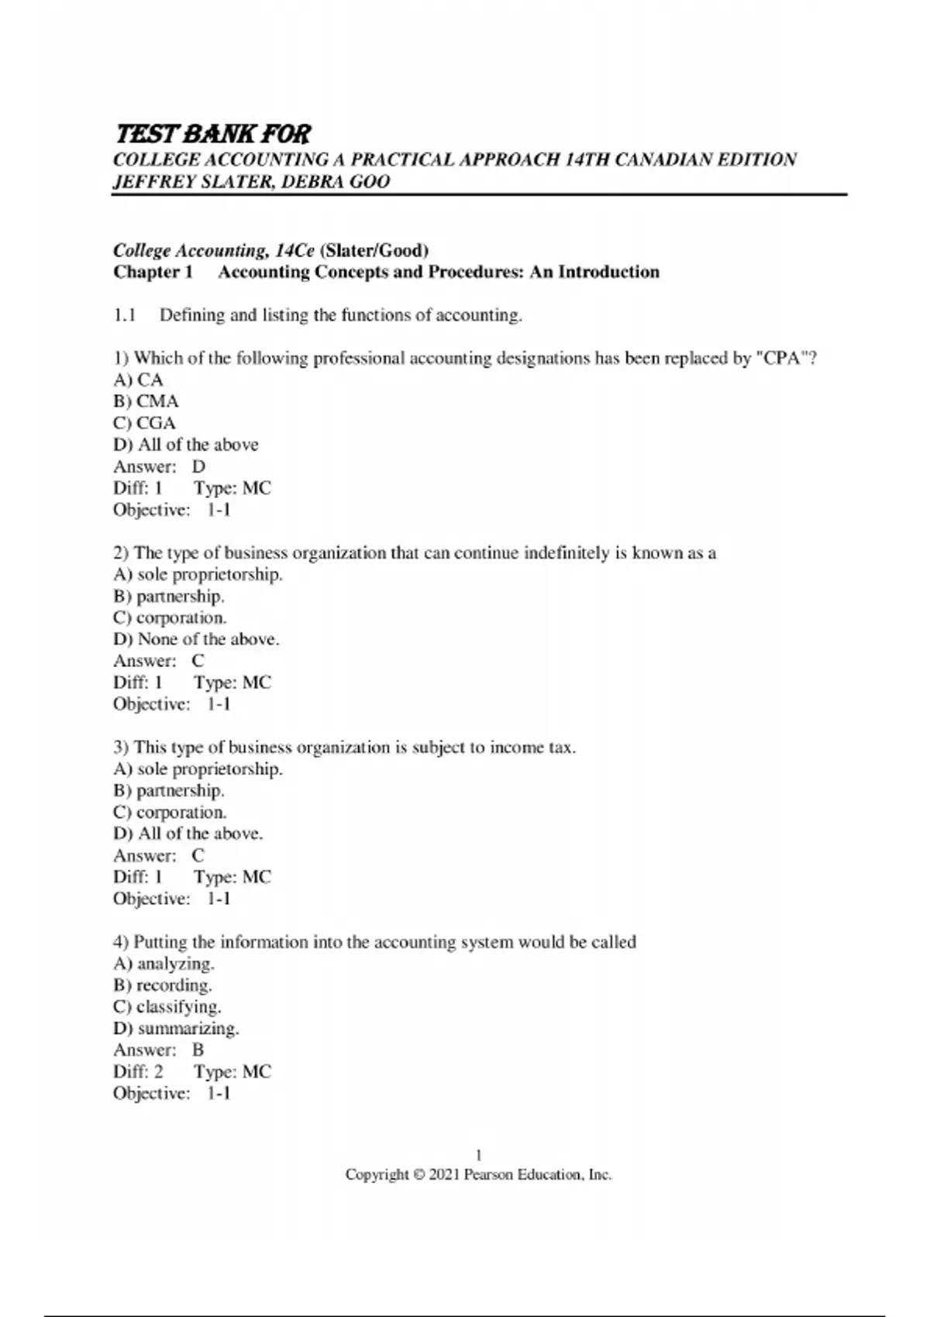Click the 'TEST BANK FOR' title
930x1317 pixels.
(x=212, y=134)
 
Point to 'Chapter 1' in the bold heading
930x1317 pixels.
(x=153, y=272)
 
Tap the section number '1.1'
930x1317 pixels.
(x=125, y=315)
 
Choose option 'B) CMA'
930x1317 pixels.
(x=146, y=401)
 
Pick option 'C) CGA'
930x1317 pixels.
(x=144, y=423)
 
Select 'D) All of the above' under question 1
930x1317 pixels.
(x=186, y=445)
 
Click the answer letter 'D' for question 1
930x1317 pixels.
(x=198, y=466)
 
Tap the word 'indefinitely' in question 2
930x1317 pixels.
(x=567, y=553)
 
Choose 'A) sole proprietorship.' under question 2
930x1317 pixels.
(x=198, y=575)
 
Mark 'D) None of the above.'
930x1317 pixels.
(x=196, y=639)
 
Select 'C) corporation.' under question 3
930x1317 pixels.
(x=170, y=813)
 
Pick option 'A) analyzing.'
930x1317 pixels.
(x=164, y=964)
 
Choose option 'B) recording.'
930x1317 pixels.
(x=162, y=985)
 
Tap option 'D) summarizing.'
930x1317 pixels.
(x=176, y=1029)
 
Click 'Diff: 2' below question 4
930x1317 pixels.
(x=138, y=1072)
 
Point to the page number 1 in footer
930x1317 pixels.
(x=478, y=1155)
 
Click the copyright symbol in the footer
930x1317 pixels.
(x=418, y=1175)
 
